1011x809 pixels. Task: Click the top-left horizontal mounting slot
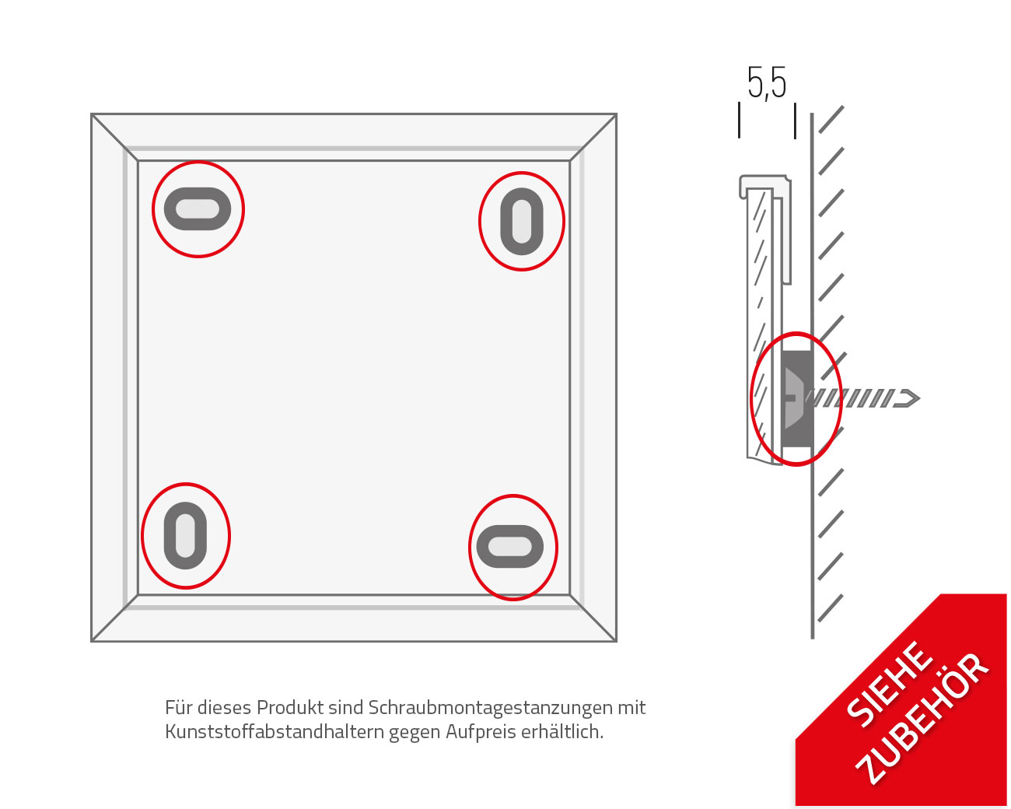click(x=198, y=208)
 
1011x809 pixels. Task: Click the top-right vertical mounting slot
click(x=522, y=222)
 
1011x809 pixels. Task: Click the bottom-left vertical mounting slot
click(x=185, y=535)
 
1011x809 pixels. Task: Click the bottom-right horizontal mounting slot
click(x=509, y=546)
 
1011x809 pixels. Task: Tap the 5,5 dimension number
click(x=767, y=83)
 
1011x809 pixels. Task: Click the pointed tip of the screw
click(x=919, y=398)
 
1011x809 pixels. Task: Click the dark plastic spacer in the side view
click(x=797, y=398)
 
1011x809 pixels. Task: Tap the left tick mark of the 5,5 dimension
click(x=739, y=120)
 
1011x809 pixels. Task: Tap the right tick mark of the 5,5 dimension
click(x=795, y=121)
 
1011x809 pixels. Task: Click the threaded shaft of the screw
click(x=852, y=398)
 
